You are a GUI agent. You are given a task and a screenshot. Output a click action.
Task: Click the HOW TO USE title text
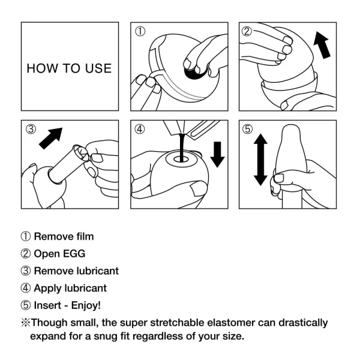click(69, 68)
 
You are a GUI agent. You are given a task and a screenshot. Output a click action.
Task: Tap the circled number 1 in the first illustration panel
click(140, 31)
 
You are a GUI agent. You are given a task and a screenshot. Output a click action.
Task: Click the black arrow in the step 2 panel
click(322, 47)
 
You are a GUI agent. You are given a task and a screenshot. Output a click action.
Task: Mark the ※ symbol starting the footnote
click(26, 323)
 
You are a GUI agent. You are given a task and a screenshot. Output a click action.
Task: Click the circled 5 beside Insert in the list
click(26, 305)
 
